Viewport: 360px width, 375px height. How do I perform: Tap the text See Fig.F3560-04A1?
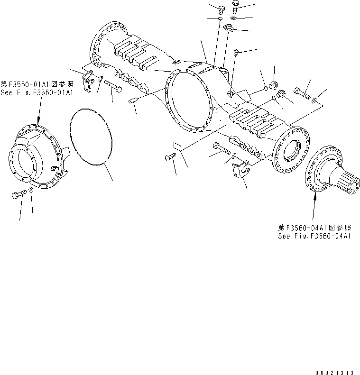click(314, 236)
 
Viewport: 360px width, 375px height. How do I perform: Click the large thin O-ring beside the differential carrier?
click(91, 137)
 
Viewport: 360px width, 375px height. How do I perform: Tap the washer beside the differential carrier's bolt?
click(30, 191)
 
